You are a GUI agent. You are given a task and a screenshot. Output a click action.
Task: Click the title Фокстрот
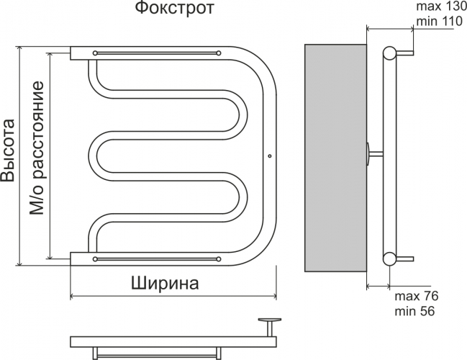pos(173,11)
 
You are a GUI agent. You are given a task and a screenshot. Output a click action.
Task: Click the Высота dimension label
pos(9,151)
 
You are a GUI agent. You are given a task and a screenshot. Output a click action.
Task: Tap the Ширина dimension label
pos(165,283)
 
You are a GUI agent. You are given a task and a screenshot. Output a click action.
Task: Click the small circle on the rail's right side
pos(269,155)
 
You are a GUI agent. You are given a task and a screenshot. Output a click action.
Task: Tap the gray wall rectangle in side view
pos(335,158)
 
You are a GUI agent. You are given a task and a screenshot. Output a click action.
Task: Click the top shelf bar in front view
pos(157,53)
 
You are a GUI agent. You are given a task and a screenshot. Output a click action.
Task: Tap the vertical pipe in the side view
pos(389,155)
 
